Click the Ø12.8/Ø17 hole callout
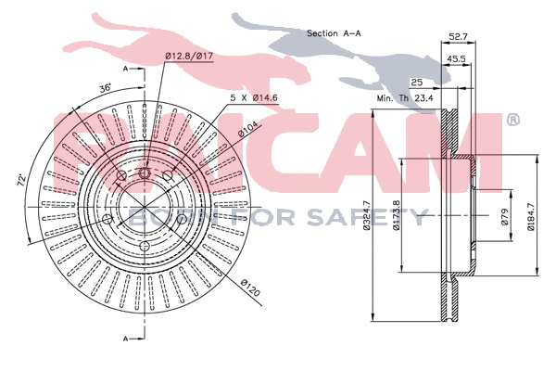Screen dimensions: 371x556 click(x=190, y=57)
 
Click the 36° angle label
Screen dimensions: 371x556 click(x=107, y=88)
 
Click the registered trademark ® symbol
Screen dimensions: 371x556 click(x=512, y=121)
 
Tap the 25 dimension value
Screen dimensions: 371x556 click(x=417, y=83)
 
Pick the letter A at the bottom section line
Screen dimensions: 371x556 click(x=126, y=339)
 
